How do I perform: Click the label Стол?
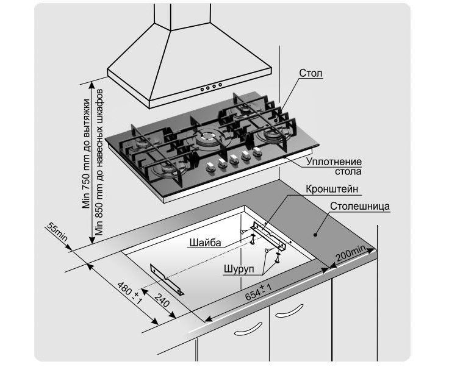click(311, 74)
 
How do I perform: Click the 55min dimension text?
click(56, 233)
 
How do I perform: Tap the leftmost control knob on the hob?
click(207, 166)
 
